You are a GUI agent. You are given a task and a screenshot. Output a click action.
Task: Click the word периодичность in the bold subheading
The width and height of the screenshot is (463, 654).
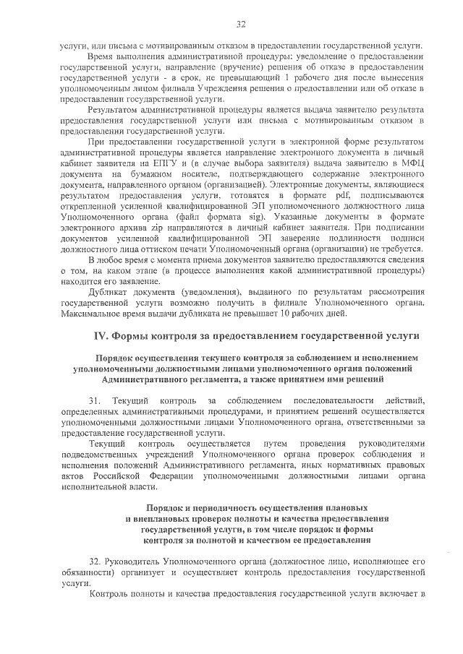[x=218, y=508]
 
